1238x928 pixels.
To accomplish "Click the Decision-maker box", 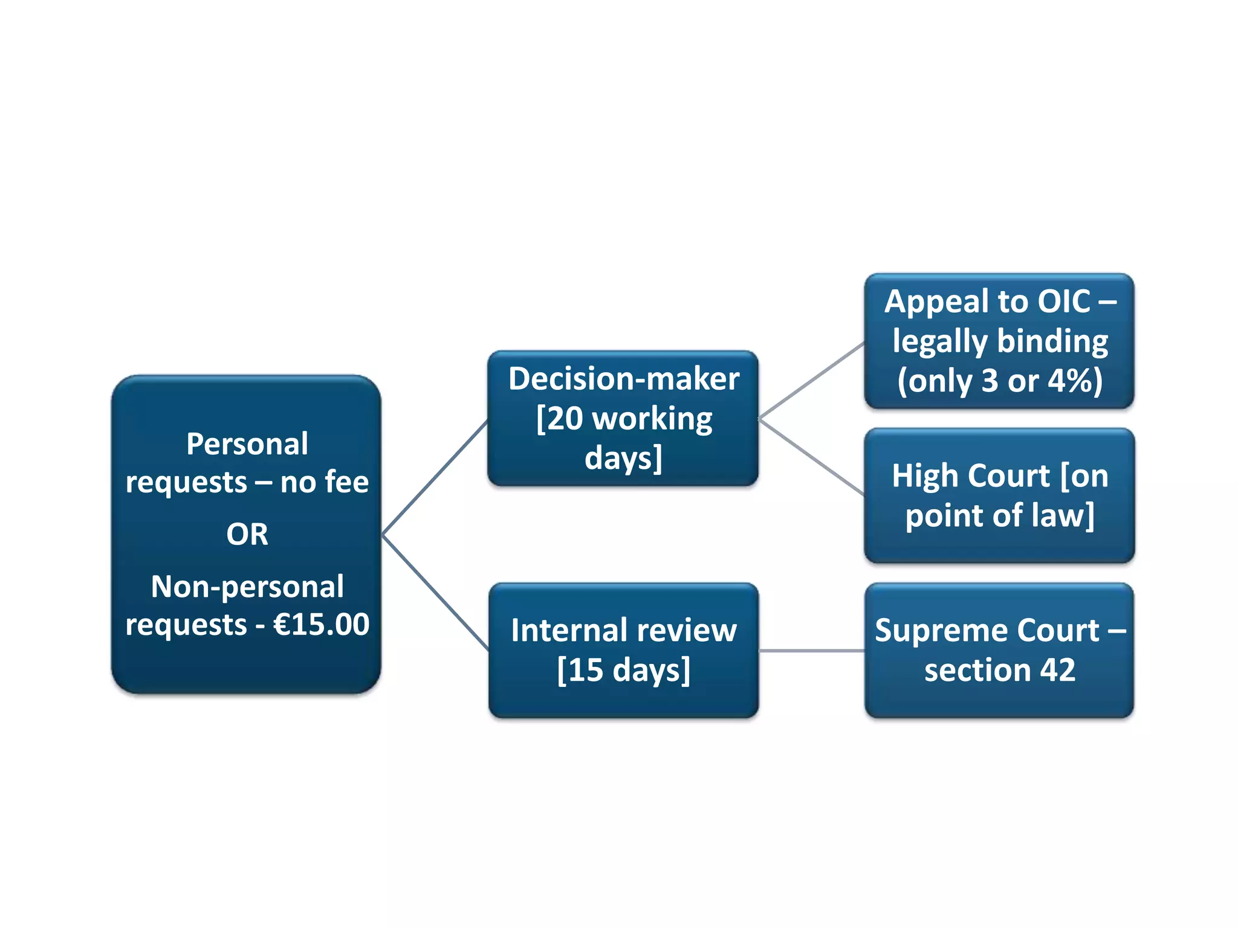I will pos(623,418).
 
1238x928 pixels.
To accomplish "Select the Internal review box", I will pos(623,650).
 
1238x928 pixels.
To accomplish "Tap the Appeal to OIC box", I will pos(999,341).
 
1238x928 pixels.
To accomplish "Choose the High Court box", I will pos(999,495).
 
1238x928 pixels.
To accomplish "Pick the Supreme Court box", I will pos(999,650).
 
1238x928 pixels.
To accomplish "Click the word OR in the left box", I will pos(247,534).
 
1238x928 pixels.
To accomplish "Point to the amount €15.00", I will pos(321,624).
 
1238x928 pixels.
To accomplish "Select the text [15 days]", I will pos(623,670).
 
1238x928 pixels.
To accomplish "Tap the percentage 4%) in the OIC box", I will pos(1075,381).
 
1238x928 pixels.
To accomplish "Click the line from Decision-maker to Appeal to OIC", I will pos(811,381).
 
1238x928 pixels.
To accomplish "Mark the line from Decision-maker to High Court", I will pos(811,457).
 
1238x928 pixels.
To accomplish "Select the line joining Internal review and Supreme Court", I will pos(811,651).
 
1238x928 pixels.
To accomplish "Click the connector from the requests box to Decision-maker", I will pos(435,477).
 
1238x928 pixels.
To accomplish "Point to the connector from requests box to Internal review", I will pos(435,592).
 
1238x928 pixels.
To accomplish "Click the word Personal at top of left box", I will pos(247,444).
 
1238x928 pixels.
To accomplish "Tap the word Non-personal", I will pos(247,587).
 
